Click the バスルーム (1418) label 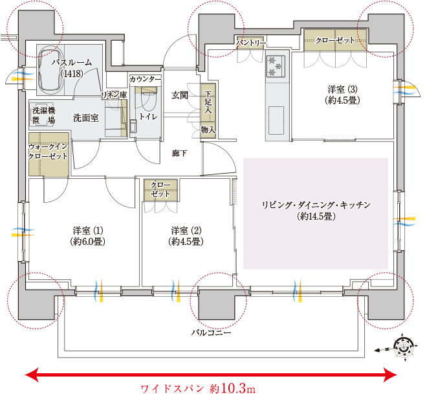coord(71,67)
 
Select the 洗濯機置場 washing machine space coord(43,115)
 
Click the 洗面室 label coord(85,118)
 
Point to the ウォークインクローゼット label coord(48,152)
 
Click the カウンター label coord(145,79)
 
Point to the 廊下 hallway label coord(180,153)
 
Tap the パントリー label coord(250,43)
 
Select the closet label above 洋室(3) coord(335,40)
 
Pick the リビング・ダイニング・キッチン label coord(315,209)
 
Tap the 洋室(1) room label coord(87,235)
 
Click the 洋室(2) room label coord(186,235)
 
